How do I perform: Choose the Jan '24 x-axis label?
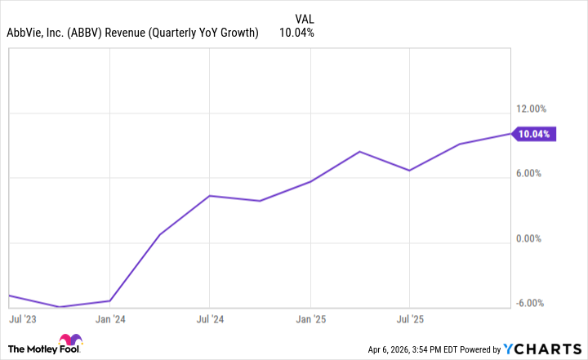(109, 318)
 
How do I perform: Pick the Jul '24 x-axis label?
(210, 318)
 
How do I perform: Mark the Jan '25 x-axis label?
(310, 318)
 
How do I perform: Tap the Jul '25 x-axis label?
(410, 318)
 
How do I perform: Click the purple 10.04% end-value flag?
(536, 134)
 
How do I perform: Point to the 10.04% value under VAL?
(296, 33)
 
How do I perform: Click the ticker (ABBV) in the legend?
(102, 33)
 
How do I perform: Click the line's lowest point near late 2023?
(60, 307)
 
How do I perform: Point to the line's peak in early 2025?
(360, 152)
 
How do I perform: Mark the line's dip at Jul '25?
(410, 171)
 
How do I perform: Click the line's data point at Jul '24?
(210, 196)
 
